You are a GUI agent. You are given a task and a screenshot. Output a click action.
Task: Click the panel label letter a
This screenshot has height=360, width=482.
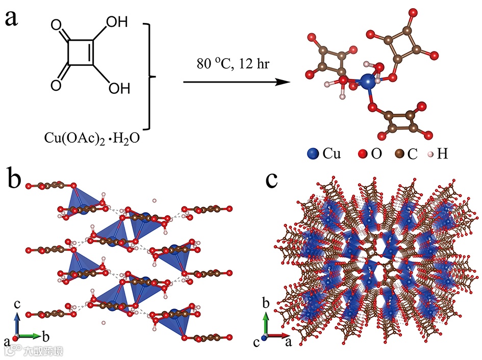[x=15, y=19]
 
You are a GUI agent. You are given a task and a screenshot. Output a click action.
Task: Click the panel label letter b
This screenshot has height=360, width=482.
[x=15, y=180]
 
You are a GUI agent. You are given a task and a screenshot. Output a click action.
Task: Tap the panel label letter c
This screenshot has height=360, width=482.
[x=272, y=180]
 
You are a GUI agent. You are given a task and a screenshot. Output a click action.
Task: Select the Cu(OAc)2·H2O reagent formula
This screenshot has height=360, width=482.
[x=95, y=139]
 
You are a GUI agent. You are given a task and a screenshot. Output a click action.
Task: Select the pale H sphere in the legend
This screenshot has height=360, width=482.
[x=432, y=153]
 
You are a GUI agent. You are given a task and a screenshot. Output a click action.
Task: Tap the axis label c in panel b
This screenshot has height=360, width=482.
[x=17, y=304]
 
